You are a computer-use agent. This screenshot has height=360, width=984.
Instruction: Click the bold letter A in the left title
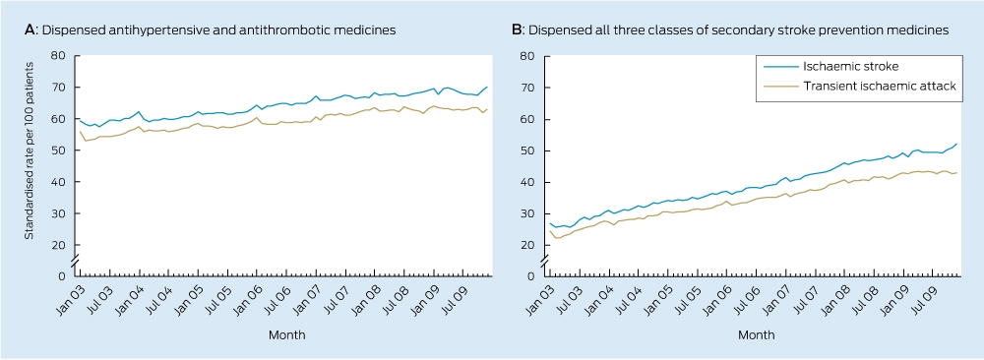point(29,30)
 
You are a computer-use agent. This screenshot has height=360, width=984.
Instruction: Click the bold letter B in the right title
point(516,30)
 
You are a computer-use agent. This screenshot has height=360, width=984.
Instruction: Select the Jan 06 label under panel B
point(715,296)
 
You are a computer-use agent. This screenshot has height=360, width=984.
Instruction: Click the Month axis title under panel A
point(287,335)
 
